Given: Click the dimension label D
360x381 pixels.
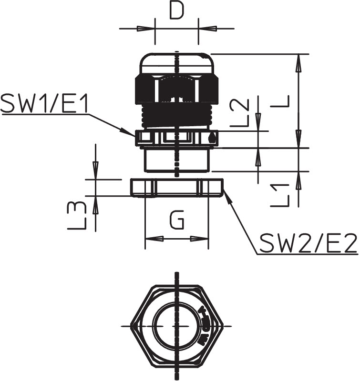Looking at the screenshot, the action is pyautogui.click(x=176, y=11).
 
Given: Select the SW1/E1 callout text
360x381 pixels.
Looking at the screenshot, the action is pyautogui.click(x=44, y=104).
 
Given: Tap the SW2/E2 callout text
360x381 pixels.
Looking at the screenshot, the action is pyautogui.click(x=308, y=243).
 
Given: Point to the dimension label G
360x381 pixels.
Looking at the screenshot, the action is pyautogui.click(x=177, y=221).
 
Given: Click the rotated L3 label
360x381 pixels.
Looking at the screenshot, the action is pyautogui.click(x=77, y=216).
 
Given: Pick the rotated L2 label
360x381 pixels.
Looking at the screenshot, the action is pyautogui.click(x=240, y=113).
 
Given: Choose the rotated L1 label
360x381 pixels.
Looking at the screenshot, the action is pyautogui.click(x=280, y=196).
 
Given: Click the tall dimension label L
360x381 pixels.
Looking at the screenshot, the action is pyautogui.click(x=280, y=101).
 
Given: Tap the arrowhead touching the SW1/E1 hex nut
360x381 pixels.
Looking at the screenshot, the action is pyautogui.click(x=128, y=132).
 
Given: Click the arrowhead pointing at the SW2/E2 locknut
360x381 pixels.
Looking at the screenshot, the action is pyautogui.click(x=227, y=196).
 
